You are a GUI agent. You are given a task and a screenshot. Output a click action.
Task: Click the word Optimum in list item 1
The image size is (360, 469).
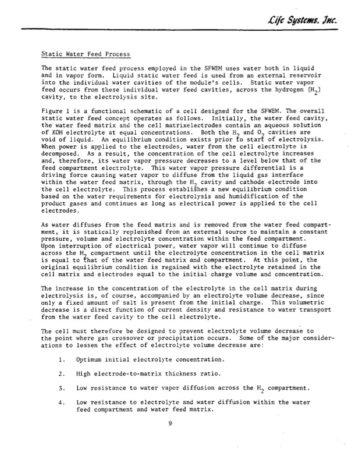point(92,360)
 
